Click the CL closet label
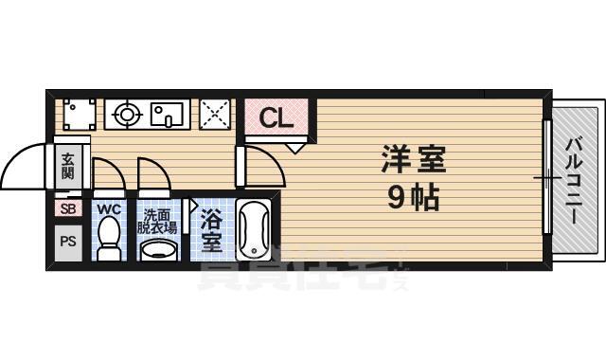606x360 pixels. coord(276,118)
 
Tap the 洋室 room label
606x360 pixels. coord(413,158)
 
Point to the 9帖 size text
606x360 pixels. coord(413,198)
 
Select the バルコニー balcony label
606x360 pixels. coord(574,180)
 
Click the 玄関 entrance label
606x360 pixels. coord(69,171)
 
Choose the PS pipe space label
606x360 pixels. coord(68,241)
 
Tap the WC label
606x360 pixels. coord(109,208)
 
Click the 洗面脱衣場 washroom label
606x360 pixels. coord(157,221)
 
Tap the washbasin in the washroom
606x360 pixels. coord(159,249)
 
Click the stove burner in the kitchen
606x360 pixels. coord(125,116)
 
